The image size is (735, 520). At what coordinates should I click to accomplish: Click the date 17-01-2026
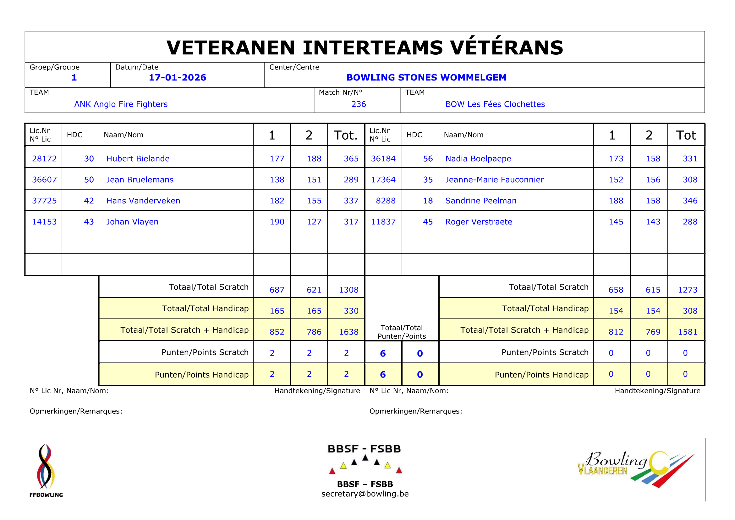[x=177, y=77]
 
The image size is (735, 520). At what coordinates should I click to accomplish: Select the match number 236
[x=359, y=104]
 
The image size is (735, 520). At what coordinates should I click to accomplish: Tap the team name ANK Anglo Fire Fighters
[x=121, y=104]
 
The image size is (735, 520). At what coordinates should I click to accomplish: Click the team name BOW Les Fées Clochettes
[x=495, y=104]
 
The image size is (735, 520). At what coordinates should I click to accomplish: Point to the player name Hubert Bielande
[x=138, y=158]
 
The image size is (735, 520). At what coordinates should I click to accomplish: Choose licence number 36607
[x=44, y=180]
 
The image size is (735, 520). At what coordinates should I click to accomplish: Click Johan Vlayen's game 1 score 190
[x=277, y=222]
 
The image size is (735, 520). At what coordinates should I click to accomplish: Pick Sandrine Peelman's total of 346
[x=690, y=201]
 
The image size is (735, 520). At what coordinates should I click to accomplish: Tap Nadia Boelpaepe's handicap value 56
[x=428, y=158]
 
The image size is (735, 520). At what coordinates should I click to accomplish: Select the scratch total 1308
[x=348, y=290]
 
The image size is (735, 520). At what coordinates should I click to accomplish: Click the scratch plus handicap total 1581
[x=687, y=332]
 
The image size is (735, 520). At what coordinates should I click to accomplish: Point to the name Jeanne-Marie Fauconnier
[x=494, y=180]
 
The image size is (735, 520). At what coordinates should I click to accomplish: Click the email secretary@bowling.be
[x=365, y=494]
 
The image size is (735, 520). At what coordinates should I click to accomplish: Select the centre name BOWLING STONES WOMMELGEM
[x=426, y=77]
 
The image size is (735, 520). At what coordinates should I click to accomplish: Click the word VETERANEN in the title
[x=230, y=48]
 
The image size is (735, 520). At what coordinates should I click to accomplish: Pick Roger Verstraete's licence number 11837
[x=383, y=222]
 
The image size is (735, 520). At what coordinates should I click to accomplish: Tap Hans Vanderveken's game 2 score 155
[x=314, y=201]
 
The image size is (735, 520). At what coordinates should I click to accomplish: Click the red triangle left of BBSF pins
[x=332, y=471]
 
